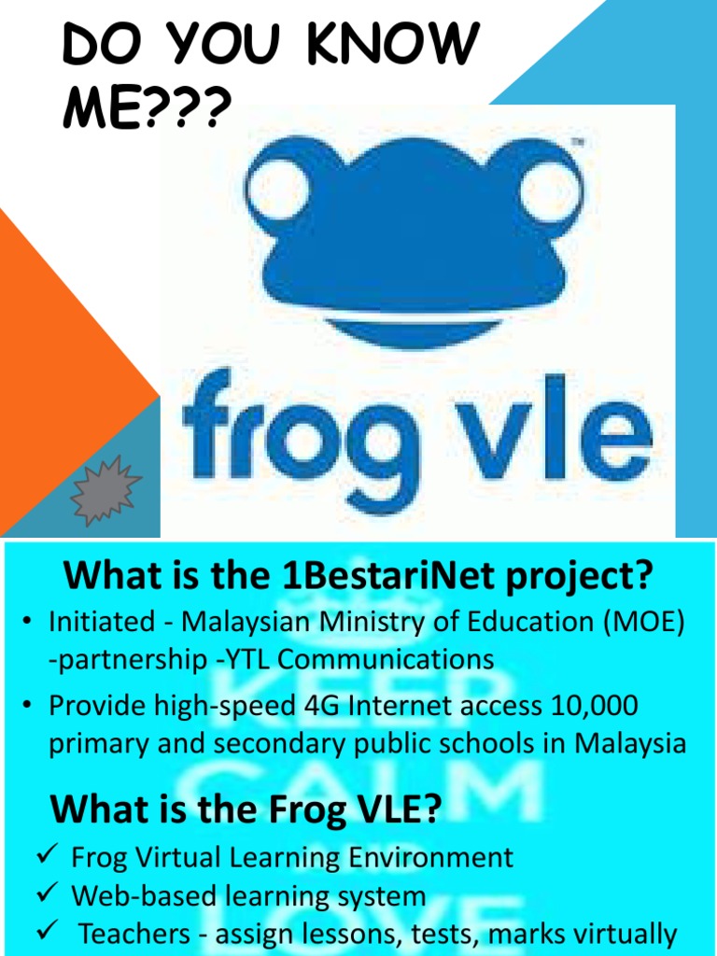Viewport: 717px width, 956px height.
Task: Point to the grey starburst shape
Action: [x=105, y=491]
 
